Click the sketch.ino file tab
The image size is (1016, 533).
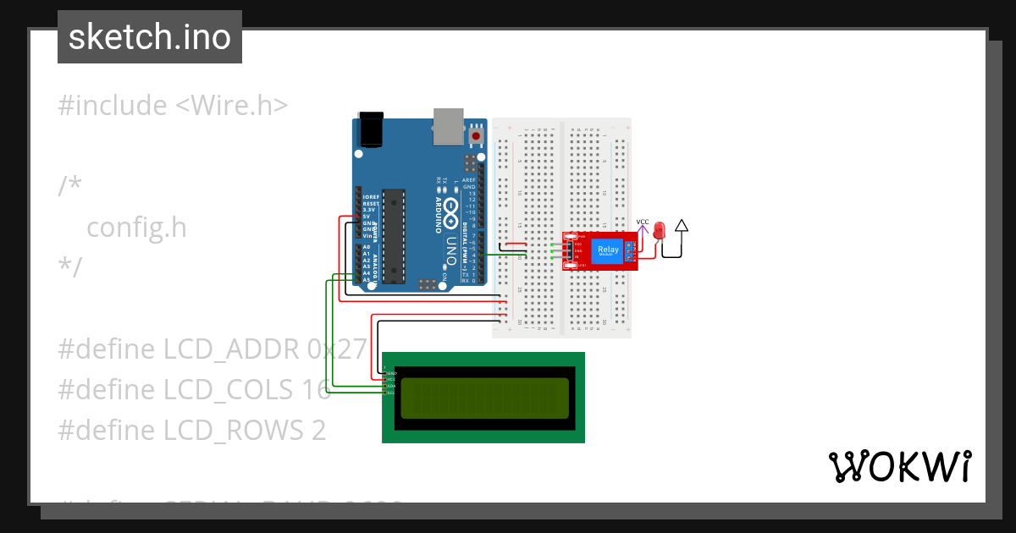[150, 37]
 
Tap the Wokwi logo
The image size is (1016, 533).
[899, 466]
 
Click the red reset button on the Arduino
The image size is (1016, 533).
[477, 135]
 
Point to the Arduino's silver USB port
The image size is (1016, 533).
[449, 124]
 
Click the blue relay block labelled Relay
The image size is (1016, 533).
[608, 250]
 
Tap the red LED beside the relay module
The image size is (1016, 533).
[660, 230]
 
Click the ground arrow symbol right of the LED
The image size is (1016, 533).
[682, 227]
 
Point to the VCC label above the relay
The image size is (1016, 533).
[643, 223]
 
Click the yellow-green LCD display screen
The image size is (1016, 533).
[484, 398]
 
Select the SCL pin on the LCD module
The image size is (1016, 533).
[389, 393]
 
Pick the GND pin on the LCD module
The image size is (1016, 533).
[389, 372]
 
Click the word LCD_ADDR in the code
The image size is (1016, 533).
[226, 349]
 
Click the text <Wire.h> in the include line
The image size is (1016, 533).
[231, 106]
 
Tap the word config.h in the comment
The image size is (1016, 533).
[136, 228]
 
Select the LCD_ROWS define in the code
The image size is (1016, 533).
[226, 430]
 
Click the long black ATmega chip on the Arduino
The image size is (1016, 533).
[393, 236]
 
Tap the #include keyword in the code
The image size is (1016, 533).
[113, 106]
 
